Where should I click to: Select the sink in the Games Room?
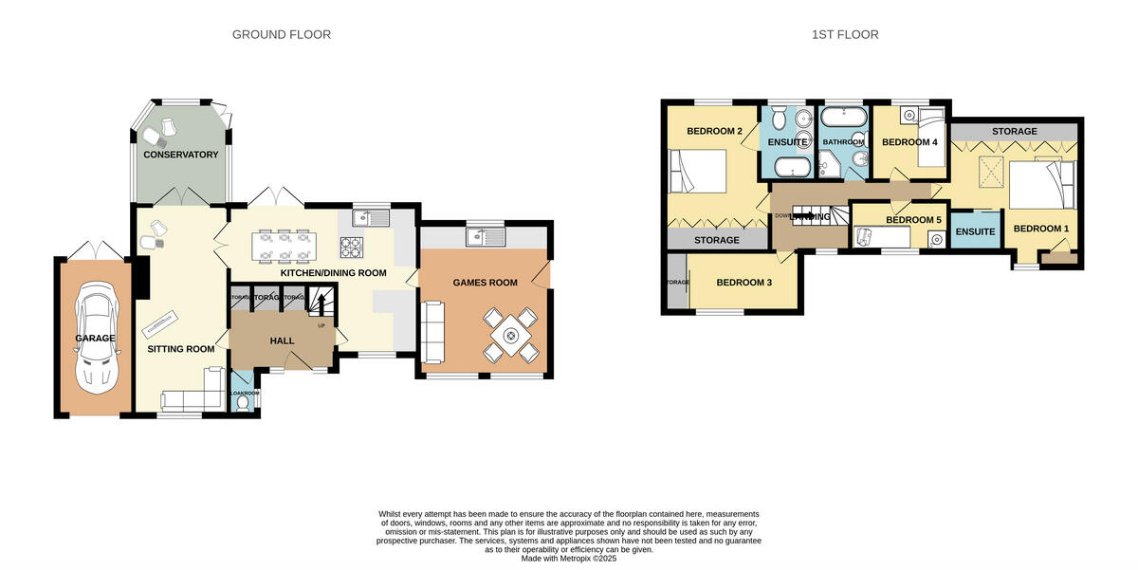coord(486,237)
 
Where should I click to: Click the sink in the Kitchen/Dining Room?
coord(370,218)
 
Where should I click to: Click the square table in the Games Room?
coord(511,335)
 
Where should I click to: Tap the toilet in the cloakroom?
coord(244,404)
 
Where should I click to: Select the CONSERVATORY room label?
coord(180,155)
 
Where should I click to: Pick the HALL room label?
coord(282,340)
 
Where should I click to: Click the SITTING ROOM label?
coord(180,349)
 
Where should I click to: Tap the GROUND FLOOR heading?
coord(282,35)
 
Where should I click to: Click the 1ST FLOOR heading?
coord(845,35)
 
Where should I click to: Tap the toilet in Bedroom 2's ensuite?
coord(779,118)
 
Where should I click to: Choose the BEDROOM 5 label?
coord(912,220)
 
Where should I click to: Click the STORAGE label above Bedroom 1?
coord(1014,131)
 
